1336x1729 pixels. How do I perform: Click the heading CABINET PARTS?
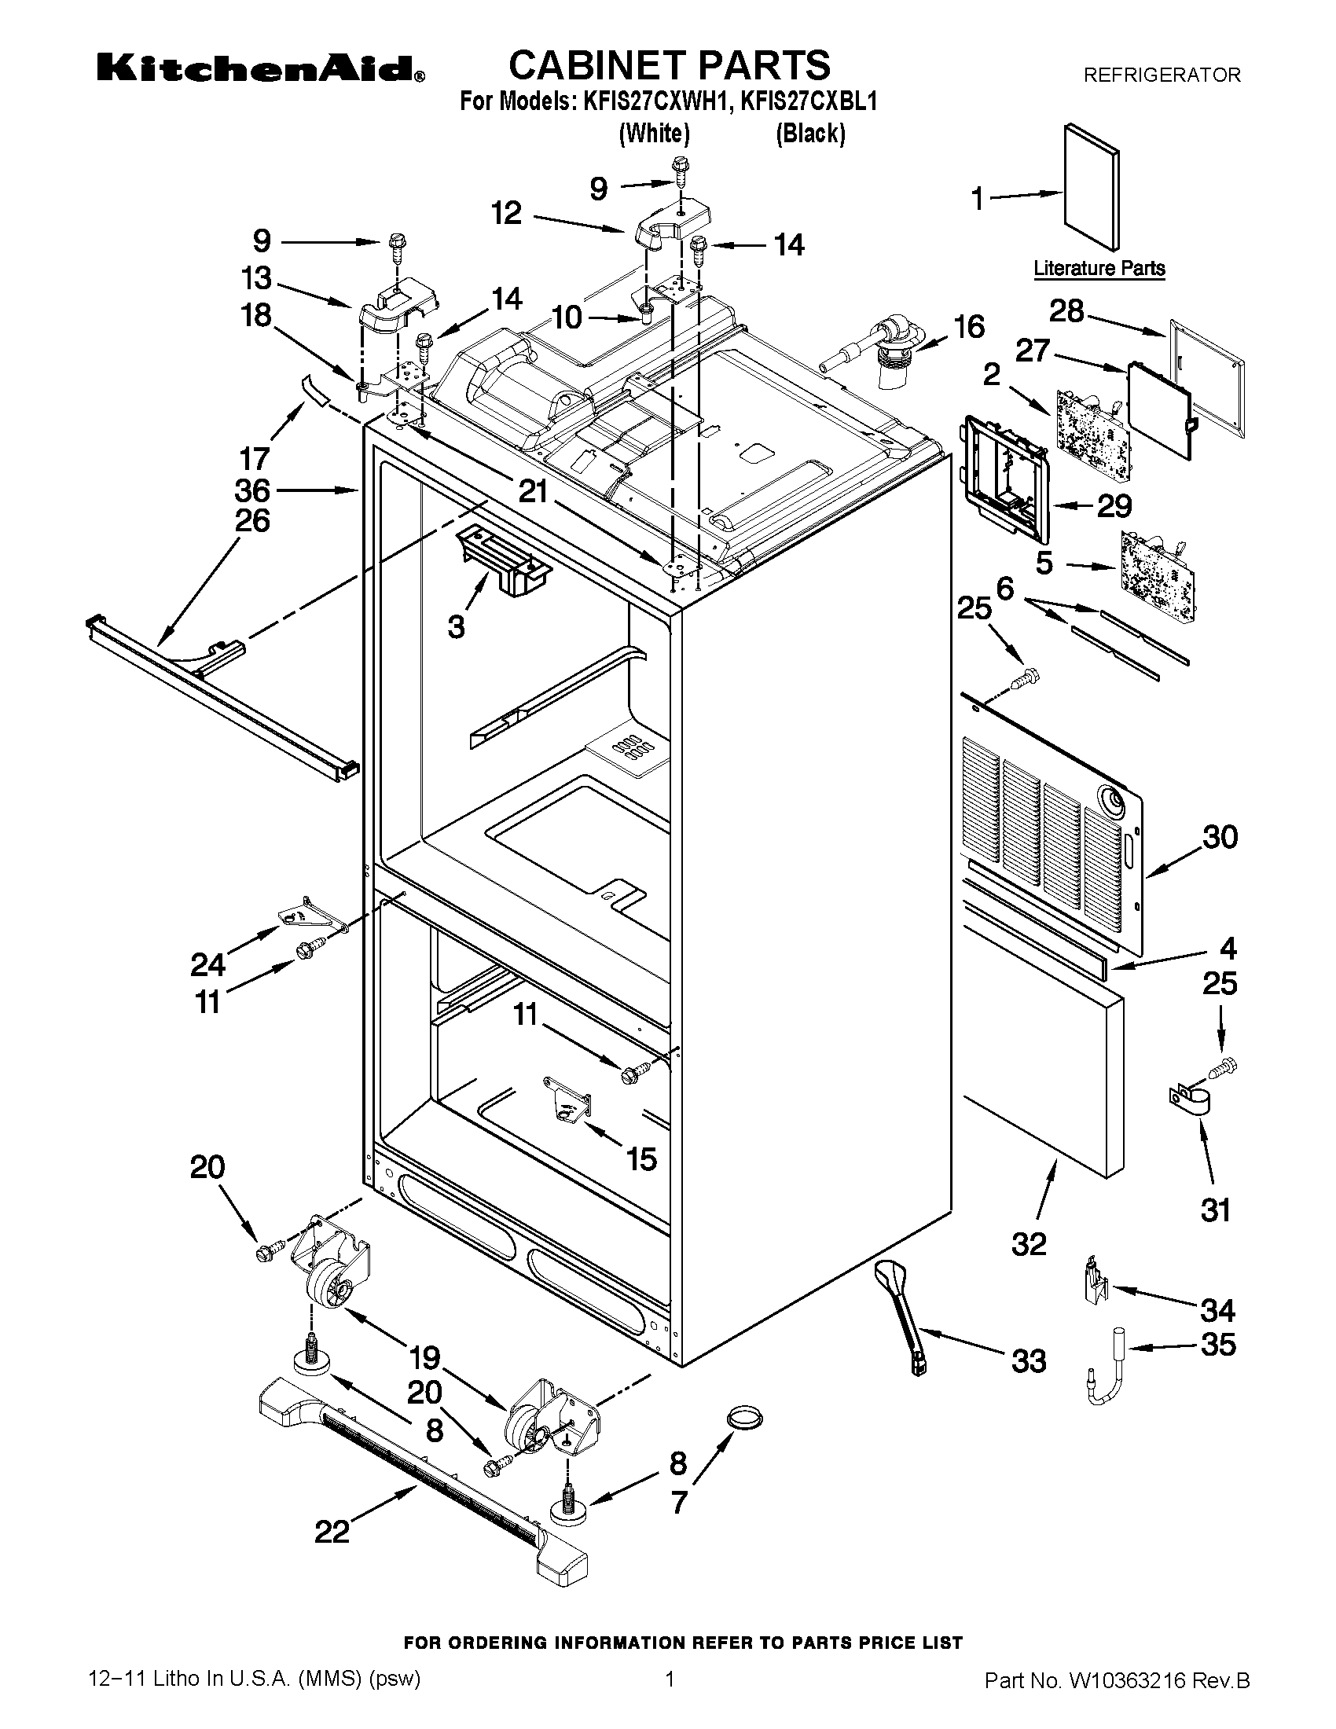click(669, 65)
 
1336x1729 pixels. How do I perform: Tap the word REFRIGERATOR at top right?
click(1161, 75)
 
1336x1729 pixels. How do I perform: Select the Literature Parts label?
click(1099, 268)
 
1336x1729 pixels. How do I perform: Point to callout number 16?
click(970, 326)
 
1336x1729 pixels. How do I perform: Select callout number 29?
click(1114, 505)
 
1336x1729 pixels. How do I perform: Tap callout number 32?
click(1029, 1244)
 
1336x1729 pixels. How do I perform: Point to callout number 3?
click(456, 626)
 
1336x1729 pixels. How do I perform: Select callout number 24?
click(207, 965)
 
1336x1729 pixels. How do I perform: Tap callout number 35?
click(1217, 1344)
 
